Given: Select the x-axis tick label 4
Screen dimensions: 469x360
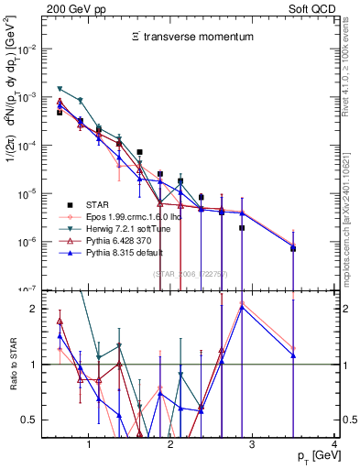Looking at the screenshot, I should [x=335, y=445].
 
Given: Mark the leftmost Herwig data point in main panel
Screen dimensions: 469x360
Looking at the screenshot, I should [x=59, y=88].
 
